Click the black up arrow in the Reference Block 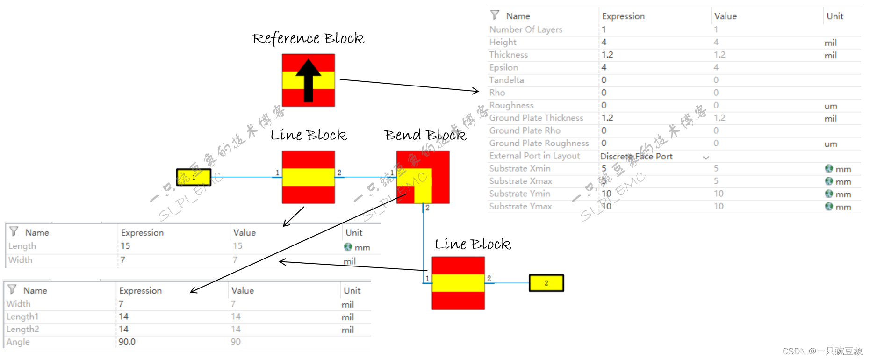coord(308,79)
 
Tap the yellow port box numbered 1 coord(194,177)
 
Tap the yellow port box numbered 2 coord(546,283)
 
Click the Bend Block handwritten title coord(425,135)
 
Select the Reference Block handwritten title coord(308,38)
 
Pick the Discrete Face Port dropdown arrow coord(706,158)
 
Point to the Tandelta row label coord(506,80)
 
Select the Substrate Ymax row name coord(520,206)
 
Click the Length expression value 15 coord(125,246)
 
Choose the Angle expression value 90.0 coord(127,342)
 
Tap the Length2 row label coord(23,329)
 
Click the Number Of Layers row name coord(525,29)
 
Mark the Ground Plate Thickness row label coord(536,118)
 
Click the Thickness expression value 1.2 coord(607,55)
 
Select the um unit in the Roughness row coord(831,106)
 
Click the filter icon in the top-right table coord(495,15)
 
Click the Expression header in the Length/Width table coord(142,232)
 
